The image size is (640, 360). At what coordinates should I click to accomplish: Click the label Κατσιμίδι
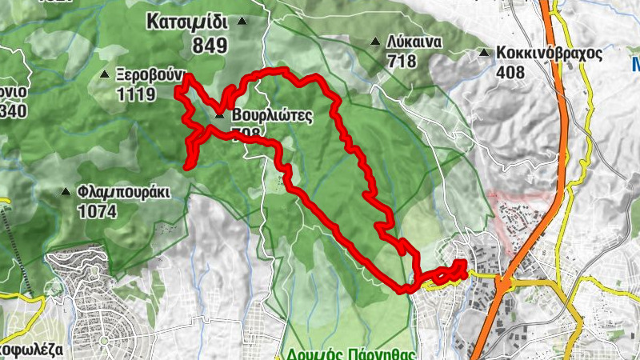pos(187,22)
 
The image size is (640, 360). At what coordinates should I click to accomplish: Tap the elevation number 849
pos(209,46)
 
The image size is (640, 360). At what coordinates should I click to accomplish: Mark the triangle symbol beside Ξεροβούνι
pos(104,75)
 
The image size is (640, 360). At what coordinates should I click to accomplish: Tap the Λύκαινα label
pos(414,42)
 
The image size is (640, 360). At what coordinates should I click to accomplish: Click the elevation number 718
pos(402,60)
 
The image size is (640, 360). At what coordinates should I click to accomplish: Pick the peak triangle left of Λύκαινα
pos(375,42)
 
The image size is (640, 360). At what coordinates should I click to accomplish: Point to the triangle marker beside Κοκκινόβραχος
pos(483,54)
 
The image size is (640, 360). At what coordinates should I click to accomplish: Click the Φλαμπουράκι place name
pos(124,192)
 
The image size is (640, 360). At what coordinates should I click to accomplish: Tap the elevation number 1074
pos(98,212)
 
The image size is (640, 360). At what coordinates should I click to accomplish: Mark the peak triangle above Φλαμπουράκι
pos(66,191)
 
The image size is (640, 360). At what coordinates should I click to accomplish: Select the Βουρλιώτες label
pos(271,115)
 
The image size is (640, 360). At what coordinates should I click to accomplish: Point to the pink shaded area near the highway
pos(517,216)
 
